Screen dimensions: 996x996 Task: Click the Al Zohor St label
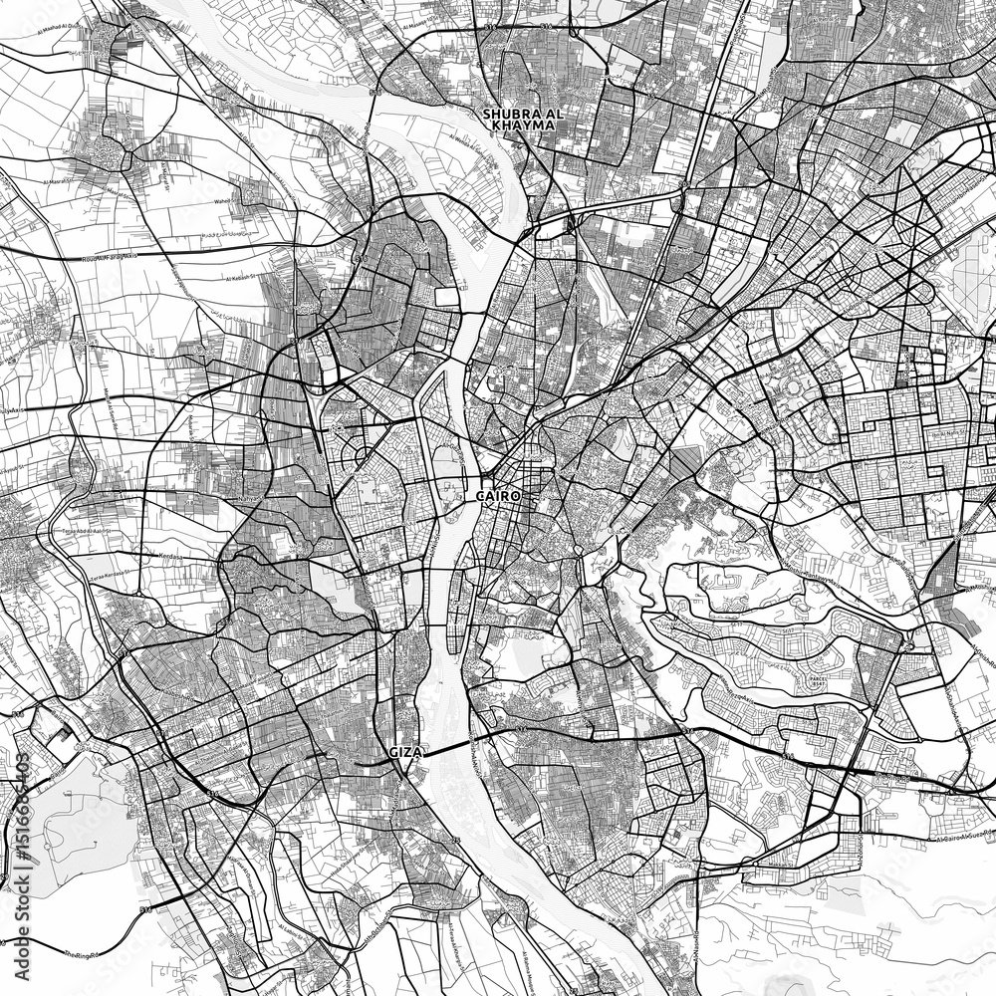tap(916, 465)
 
